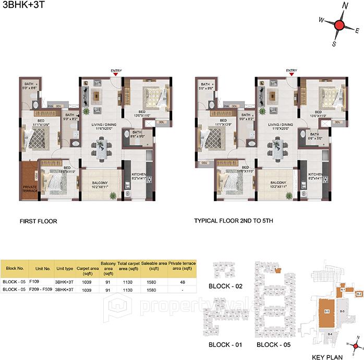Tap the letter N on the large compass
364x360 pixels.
[345, 6]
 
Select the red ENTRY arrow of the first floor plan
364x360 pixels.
[116, 76]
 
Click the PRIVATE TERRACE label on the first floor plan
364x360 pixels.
[29, 189]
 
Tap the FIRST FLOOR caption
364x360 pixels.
[38, 221]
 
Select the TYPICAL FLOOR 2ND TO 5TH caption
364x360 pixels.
[234, 221]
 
